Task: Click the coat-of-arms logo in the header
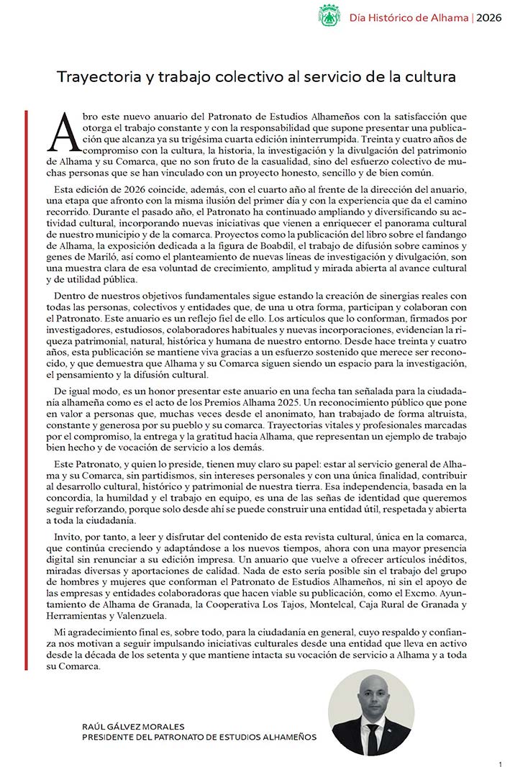(329, 15)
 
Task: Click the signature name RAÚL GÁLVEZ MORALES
(134, 727)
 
